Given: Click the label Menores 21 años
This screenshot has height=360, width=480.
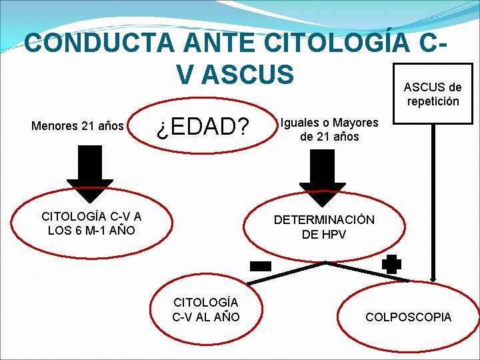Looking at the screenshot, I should click(x=78, y=125).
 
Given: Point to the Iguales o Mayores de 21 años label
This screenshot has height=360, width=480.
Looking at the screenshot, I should click(x=329, y=130).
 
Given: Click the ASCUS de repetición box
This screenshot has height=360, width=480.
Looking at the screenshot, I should click(x=433, y=94).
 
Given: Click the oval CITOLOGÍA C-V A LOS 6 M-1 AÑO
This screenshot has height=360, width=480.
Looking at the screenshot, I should click(x=91, y=223).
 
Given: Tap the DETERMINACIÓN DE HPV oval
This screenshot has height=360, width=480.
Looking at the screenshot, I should click(x=324, y=227).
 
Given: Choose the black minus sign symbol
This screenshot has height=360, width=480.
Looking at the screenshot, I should click(x=261, y=266).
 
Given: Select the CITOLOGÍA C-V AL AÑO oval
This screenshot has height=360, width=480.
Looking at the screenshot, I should click(x=206, y=311).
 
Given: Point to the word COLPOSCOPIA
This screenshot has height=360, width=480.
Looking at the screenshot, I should click(x=408, y=317).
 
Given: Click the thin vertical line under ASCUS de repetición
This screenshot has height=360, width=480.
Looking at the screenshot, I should click(x=435, y=200).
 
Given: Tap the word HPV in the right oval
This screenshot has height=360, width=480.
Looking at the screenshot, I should click(x=333, y=235).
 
